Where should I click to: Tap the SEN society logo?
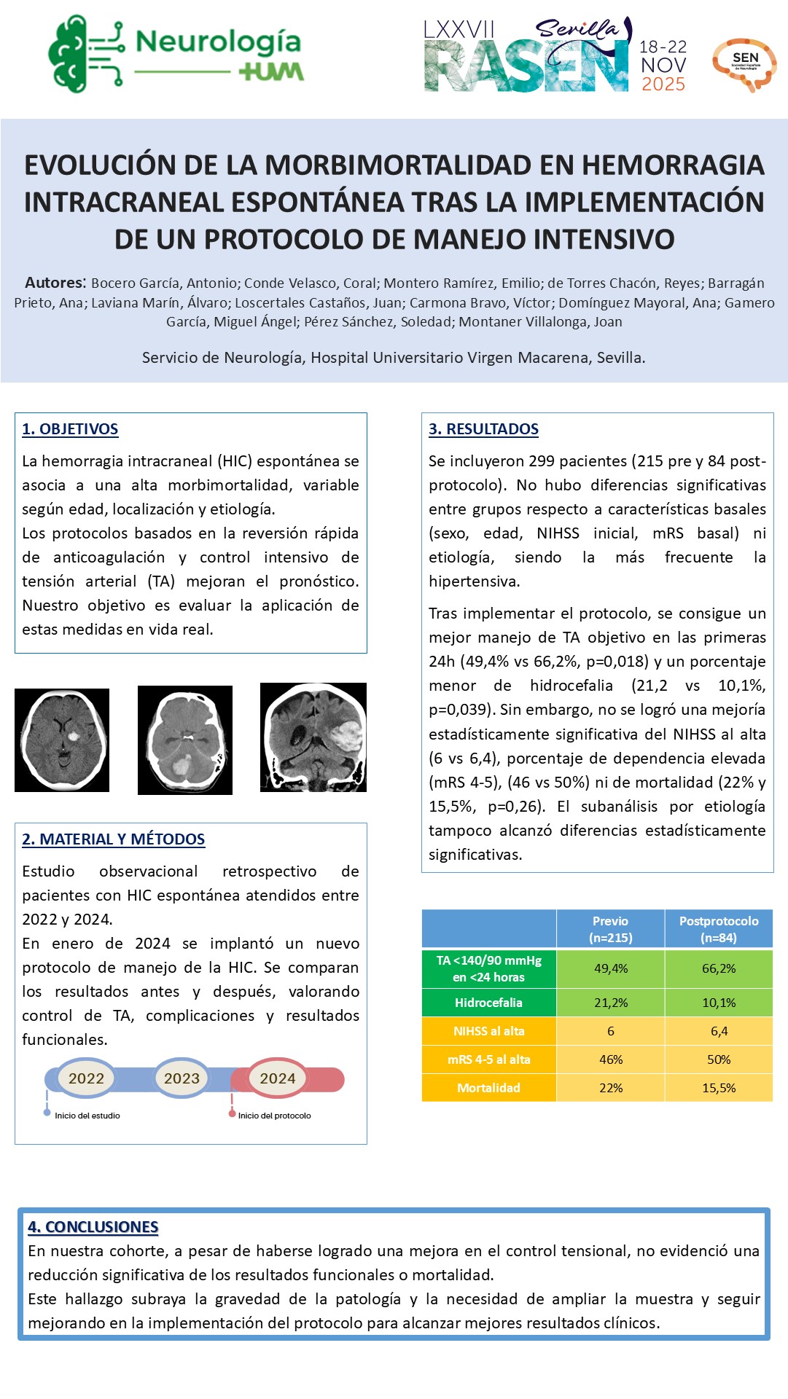744,63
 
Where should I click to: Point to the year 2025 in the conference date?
663,85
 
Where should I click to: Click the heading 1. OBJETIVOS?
70,429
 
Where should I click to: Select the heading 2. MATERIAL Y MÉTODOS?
113,839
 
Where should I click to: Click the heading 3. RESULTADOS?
483,429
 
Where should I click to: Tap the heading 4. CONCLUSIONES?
93,1227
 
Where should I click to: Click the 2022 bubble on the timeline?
86,1078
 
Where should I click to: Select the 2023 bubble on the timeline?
182,1078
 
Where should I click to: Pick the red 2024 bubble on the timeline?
278,1078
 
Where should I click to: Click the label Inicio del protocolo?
274,1116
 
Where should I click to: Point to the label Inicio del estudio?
87,1116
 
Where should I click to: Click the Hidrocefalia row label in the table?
488,1003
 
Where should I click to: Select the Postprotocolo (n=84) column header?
719,929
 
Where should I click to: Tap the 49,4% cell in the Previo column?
611,968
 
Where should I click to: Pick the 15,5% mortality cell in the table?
719,1088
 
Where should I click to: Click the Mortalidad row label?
488,1088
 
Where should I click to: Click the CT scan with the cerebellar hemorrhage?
185,740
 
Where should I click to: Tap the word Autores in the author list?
55,283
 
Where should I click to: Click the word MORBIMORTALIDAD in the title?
397,165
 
